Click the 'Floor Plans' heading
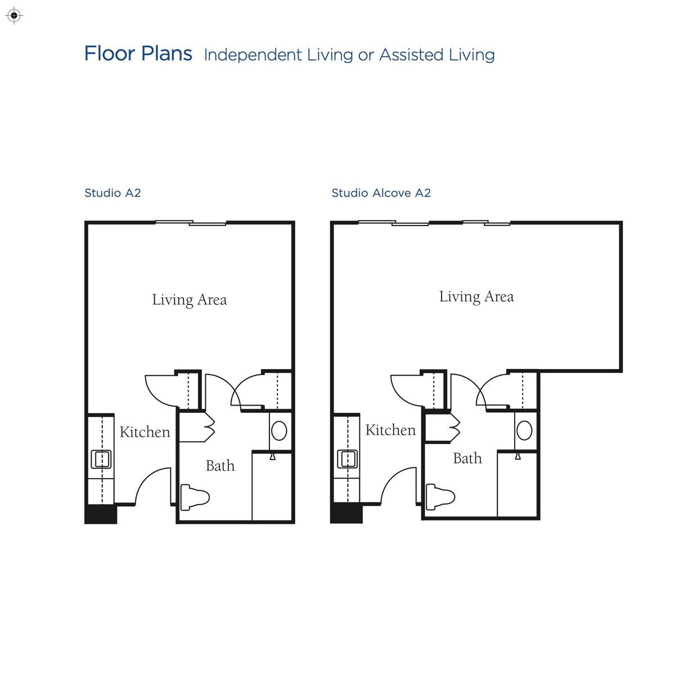(138, 53)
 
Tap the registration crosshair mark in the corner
(14, 15)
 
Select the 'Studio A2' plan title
(113, 193)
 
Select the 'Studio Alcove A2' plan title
(381, 193)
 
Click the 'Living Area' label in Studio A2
(190, 300)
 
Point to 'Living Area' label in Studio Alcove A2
(476, 297)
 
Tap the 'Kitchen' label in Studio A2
(145, 432)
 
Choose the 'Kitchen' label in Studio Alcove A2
(390, 430)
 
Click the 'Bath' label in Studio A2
(220, 466)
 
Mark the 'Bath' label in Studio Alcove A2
(467, 458)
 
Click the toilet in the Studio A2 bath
(195, 498)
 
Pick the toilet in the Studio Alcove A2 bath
(440, 497)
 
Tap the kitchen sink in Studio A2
(101, 459)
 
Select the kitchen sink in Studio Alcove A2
(347, 459)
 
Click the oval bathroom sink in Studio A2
(279, 431)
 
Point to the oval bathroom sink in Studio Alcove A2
(524, 430)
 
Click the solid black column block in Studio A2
(101, 514)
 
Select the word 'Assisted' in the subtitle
(412, 55)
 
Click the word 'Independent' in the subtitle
(253, 55)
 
